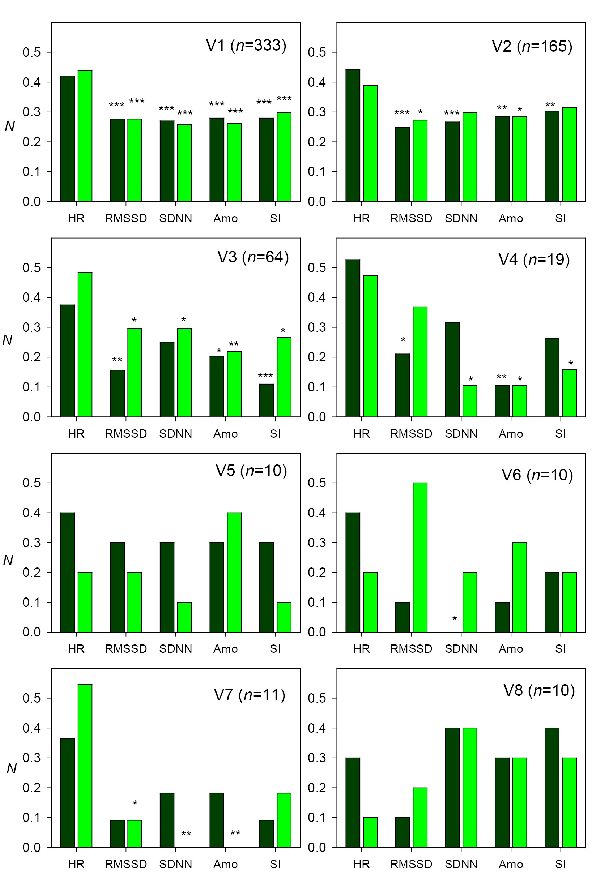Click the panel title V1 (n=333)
(x=246, y=46)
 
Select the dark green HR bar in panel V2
(x=353, y=135)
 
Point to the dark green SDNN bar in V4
(x=452, y=369)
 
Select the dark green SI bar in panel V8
(x=552, y=787)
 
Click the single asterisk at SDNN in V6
(x=455, y=618)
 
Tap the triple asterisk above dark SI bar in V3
(x=265, y=376)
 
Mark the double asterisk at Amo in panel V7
(x=235, y=833)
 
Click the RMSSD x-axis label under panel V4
(x=411, y=434)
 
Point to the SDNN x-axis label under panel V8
(x=461, y=864)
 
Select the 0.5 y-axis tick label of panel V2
(x=317, y=52)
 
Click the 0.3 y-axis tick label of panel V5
(x=31, y=543)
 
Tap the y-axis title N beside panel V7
(x=12, y=769)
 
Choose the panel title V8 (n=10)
(x=539, y=690)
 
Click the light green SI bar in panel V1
(x=284, y=157)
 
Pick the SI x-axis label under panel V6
(x=561, y=649)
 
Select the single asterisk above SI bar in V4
(x=570, y=363)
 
